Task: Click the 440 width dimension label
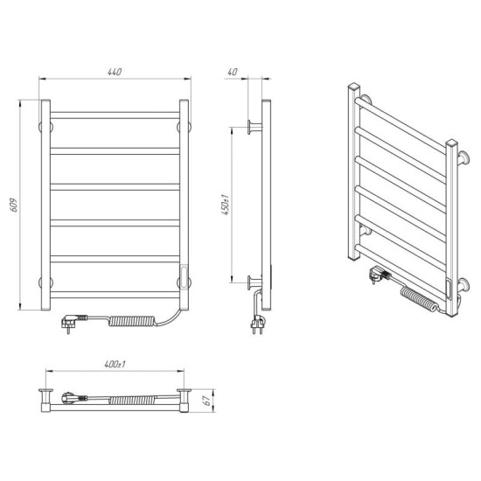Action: pyautogui.click(x=115, y=72)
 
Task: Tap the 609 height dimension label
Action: pyautogui.click(x=14, y=205)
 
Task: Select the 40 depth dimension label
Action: pyautogui.click(x=233, y=72)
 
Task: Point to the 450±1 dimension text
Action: pyautogui.click(x=226, y=205)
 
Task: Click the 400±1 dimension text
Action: pyautogui.click(x=115, y=365)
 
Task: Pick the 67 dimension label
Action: pyautogui.click(x=207, y=401)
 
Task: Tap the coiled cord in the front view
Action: pyautogui.click(x=132, y=321)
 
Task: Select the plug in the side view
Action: pyautogui.click(x=258, y=324)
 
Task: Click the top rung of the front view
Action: pyautogui.click(x=115, y=115)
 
